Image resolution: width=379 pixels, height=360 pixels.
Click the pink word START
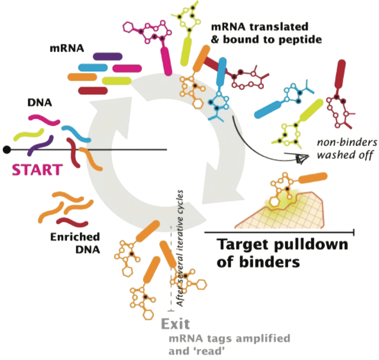click(x=37, y=170)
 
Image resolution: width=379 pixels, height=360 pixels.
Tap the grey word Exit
click(x=175, y=324)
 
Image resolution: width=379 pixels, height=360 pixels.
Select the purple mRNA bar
click(x=108, y=56)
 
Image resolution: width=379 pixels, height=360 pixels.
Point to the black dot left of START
click(x=7, y=150)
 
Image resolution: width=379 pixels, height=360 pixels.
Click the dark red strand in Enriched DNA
click(x=72, y=222)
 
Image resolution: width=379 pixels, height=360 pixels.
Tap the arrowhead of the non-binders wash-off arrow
click(x=303, y=158)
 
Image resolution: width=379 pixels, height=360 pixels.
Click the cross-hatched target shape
click(x=280, y=210)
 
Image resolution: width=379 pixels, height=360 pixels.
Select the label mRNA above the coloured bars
click(x=67, y=48)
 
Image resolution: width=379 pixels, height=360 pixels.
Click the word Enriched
click(x=75, y=237)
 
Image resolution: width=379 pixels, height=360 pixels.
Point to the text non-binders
click(x=347, y=142)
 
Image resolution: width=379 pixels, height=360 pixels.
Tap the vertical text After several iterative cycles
click(x=180, y=248)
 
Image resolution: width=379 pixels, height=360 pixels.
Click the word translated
click(x=279, y=27)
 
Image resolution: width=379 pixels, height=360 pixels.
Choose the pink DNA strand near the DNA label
click(x=44, y=120)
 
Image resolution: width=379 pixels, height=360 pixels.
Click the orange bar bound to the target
click(x=313, y=178)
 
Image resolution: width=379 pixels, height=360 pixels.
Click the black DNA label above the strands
click(x=40, y=103)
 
